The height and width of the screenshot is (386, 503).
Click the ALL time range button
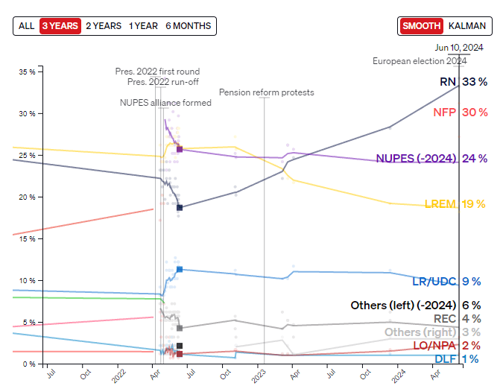(x=26, y=25)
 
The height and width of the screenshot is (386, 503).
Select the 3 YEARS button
(x=60, y=25)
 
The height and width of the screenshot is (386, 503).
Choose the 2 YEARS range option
(x=103, y=25)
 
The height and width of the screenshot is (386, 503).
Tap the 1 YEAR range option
(x=143, y=25)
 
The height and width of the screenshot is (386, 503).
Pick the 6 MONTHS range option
(x=188, y=25)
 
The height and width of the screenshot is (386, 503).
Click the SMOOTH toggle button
(x=421, y=25)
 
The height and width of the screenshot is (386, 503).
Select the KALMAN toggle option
(x=467, y=25)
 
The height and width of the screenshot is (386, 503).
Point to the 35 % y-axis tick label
(x=27, y=72)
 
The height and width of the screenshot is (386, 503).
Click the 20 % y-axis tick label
(x=27, y=197)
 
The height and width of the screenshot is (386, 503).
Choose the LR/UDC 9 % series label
(x=446, y=281)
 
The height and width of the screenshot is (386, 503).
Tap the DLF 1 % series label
(x=456, y=359)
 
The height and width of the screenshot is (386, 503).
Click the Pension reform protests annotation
(x=266, y=92)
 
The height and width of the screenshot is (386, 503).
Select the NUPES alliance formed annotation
(x=165, y=103)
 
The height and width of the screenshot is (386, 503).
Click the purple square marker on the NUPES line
(x=180, y=149)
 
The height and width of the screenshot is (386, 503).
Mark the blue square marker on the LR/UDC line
(x=180, y=269)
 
